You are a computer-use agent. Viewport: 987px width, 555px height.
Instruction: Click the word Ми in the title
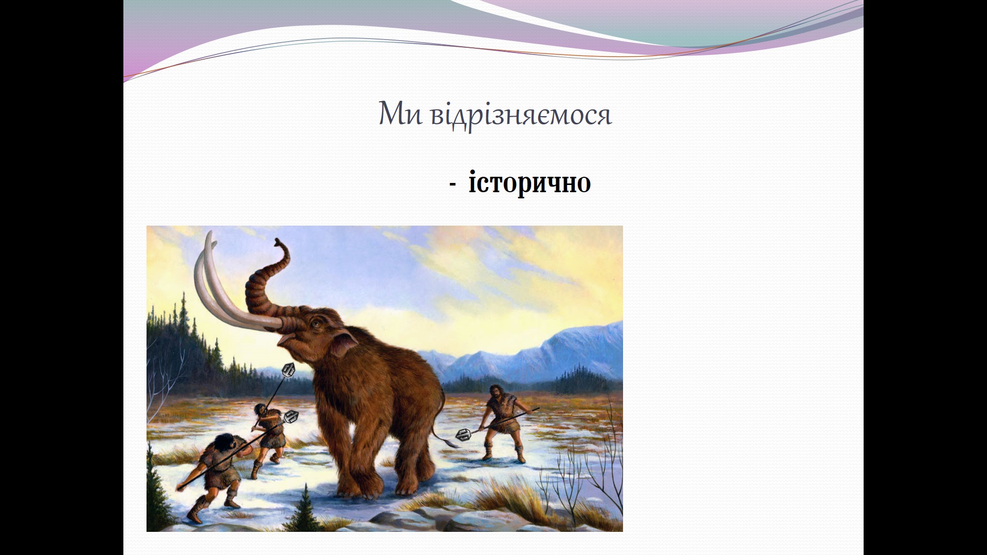click(x=399, y=114)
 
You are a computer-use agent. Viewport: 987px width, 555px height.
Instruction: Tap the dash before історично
click(x=452, y=184)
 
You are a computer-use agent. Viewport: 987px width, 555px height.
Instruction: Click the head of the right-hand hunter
click(x=496, y=392)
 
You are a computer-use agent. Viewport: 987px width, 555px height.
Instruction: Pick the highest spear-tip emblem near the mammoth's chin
click(x=289, y=370)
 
